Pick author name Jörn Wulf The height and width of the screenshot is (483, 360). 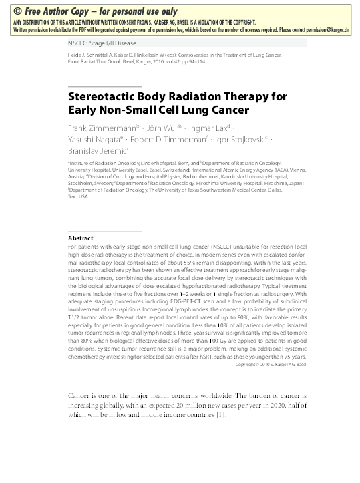pyautogui.click(x=164, y=127)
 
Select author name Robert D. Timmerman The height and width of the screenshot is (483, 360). pyautogui.click(x=167, y=140)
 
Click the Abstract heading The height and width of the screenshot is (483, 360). pyautogui.click(x=80, y=238)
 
